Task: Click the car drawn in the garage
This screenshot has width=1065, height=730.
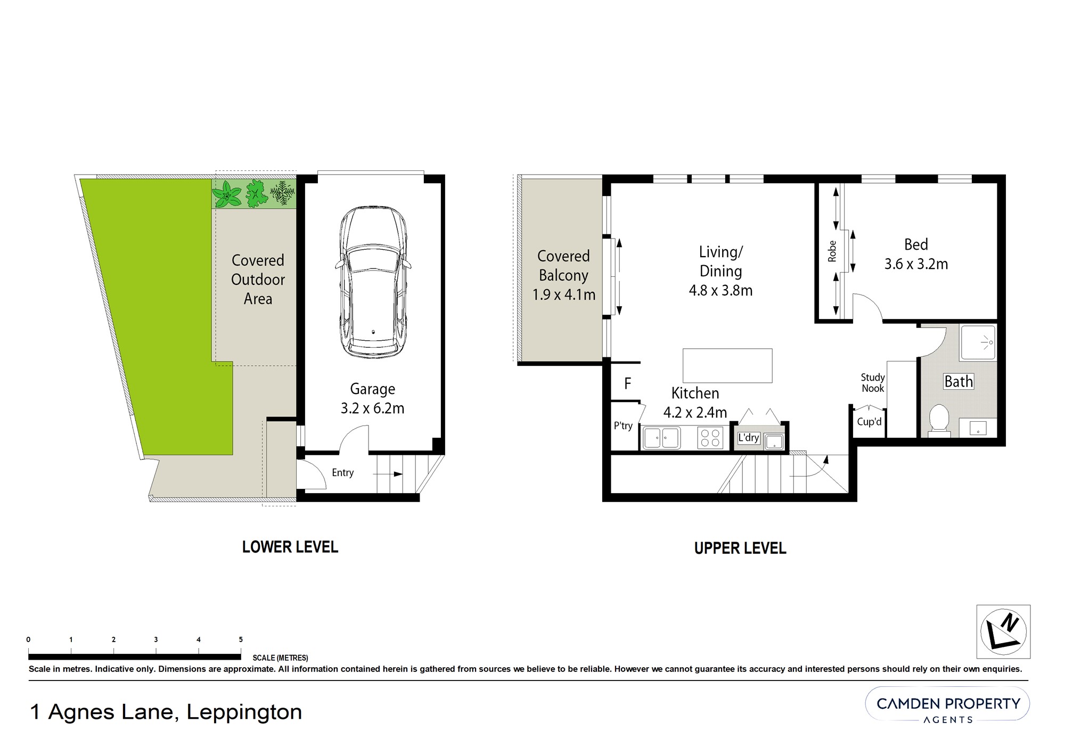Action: [x=373, y=282]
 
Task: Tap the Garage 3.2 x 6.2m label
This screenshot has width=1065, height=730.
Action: [x=372, y=399]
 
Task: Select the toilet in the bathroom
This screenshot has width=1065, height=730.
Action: [x=939, y=420]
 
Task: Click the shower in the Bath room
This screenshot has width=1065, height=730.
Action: [x=978, y=342]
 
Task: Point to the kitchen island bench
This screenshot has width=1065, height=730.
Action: [x=727, y=365]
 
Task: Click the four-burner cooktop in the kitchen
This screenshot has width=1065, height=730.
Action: [x=710, y=438]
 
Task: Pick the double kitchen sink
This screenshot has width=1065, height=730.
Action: [x=661, y=438]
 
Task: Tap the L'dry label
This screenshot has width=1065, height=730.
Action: [x=748, y=438]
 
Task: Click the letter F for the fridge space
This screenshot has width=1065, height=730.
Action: [x=628, y=383]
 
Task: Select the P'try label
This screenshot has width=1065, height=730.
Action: [x=623, y=426]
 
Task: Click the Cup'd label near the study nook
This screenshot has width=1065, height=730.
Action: [x=869, y=422]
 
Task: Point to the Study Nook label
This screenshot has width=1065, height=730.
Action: [x=873, y=383]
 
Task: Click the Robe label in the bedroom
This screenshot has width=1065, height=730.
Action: [x=832, y=251]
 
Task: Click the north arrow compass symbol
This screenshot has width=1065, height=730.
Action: [x=1003, y=631]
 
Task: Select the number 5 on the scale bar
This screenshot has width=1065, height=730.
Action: [x=241, y=639]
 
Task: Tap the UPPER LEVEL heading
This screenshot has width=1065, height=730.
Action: [x=740, y=548]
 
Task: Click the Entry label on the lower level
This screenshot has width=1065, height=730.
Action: [x=342, y=473]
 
